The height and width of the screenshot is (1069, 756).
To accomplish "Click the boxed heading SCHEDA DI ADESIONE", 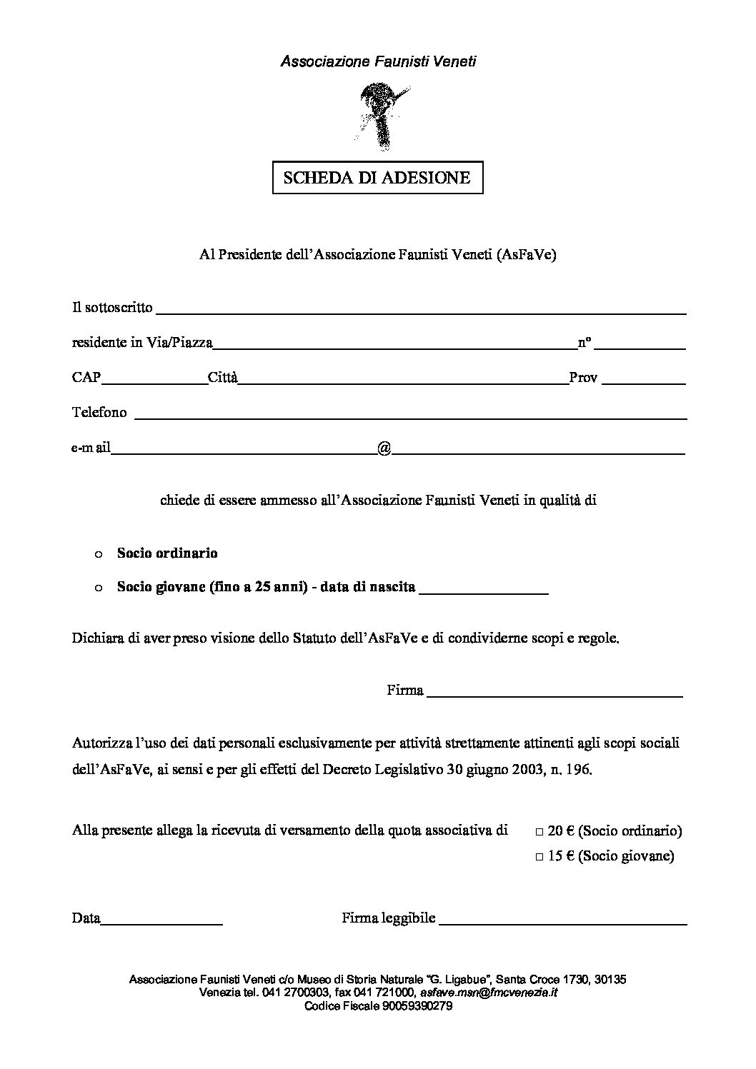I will point(377,178).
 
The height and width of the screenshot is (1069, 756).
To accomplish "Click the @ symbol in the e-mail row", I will point(384,448).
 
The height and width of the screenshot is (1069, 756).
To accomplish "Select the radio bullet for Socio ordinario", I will point(99,554).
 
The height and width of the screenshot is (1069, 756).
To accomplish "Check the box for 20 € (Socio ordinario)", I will point(539,832).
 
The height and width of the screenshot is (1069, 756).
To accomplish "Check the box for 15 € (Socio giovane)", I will point(539,857).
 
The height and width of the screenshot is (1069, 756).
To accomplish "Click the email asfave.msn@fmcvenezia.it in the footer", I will point(489,993).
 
